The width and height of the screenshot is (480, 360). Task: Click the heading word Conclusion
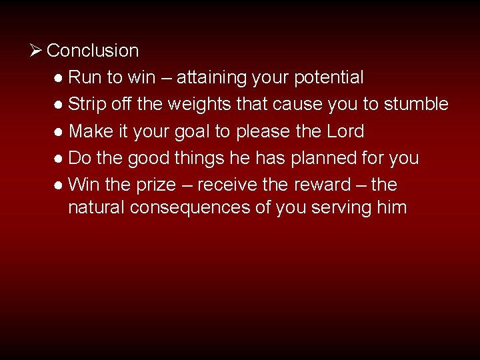[x=93, y=51]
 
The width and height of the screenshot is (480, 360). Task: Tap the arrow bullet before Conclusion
[x=37, y=50]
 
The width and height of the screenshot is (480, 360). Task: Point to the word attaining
[x=214, y=78]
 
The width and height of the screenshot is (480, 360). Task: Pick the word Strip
[x=89, y=105]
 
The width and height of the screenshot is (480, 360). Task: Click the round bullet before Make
[x=59, y=132]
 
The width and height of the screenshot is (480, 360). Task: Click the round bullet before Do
[x=59, y=159]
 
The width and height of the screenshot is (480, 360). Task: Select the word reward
[x=323, y=185]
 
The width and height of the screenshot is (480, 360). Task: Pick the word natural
[x=97, y=207]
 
